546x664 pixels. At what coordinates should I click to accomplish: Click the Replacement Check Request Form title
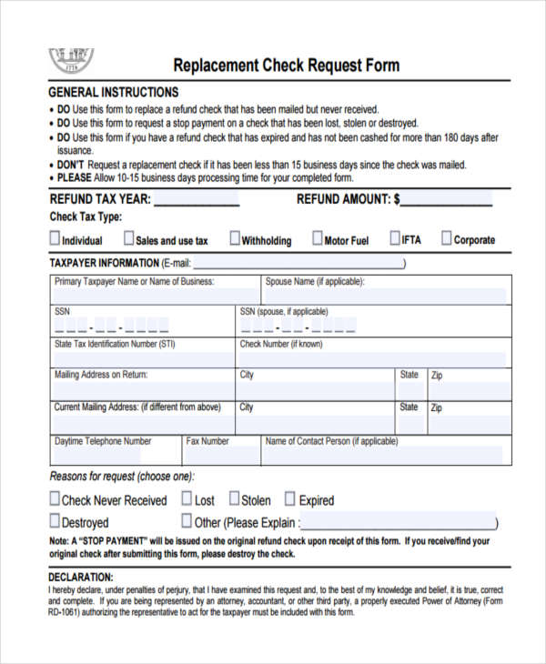coord(287,65)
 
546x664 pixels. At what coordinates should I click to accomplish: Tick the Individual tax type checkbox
coord(55,239)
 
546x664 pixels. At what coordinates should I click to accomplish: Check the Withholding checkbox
coord(235,239)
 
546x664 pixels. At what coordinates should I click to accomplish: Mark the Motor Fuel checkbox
coord(318,239)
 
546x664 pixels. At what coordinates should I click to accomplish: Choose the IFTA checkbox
coord(395,238)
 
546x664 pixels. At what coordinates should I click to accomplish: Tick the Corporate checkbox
coord(447,238)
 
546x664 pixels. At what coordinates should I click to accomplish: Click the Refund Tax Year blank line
coord(196,199)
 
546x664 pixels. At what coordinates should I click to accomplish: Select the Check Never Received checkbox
coord(55,499)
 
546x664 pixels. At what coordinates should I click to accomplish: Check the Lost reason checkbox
coord(187,498)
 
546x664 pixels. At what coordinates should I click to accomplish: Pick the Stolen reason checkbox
coord(234,498)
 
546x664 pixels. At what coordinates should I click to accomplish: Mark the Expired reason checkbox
coord(290,499)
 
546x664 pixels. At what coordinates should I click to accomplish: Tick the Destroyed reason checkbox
coord(55,521)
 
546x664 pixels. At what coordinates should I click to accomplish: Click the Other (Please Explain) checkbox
coord(187,521)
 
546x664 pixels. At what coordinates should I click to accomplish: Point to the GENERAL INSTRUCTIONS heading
coord(113,93)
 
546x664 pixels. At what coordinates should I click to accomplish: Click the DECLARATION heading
coord(81,577)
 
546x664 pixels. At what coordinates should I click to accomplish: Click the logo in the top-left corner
coord(70,60)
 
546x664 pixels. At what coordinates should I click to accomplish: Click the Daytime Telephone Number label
coord(103,441)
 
